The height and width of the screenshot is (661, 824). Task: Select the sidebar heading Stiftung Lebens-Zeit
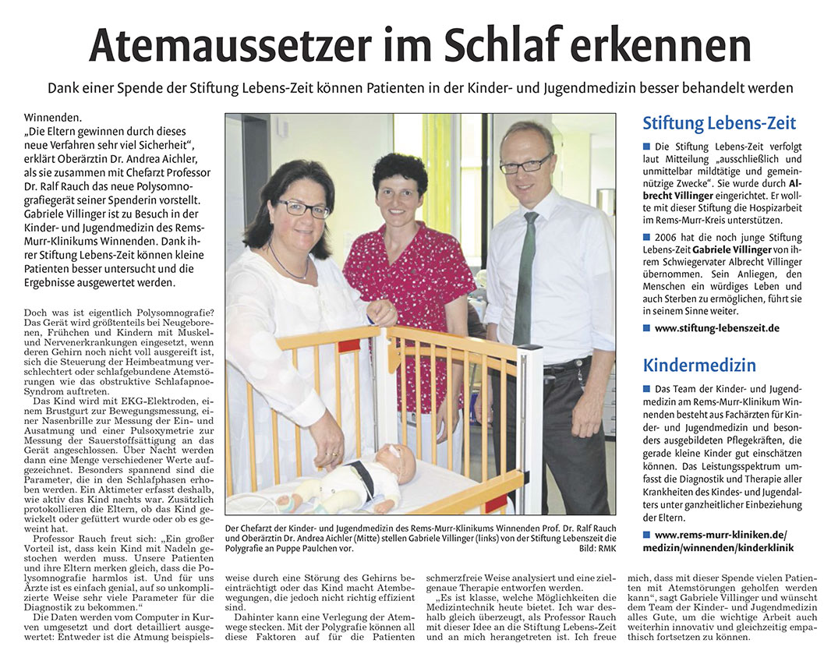tap(719, 123)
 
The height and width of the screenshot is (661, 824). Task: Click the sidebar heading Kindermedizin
tap(699, 364)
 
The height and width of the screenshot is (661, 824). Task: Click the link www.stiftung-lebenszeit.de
tap(716, 328)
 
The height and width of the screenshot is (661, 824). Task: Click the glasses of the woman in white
tap(303, 208)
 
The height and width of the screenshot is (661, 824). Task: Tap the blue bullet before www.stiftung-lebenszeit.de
tap(646, 328)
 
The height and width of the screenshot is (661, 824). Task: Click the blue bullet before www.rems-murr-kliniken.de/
tap(646, 534)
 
